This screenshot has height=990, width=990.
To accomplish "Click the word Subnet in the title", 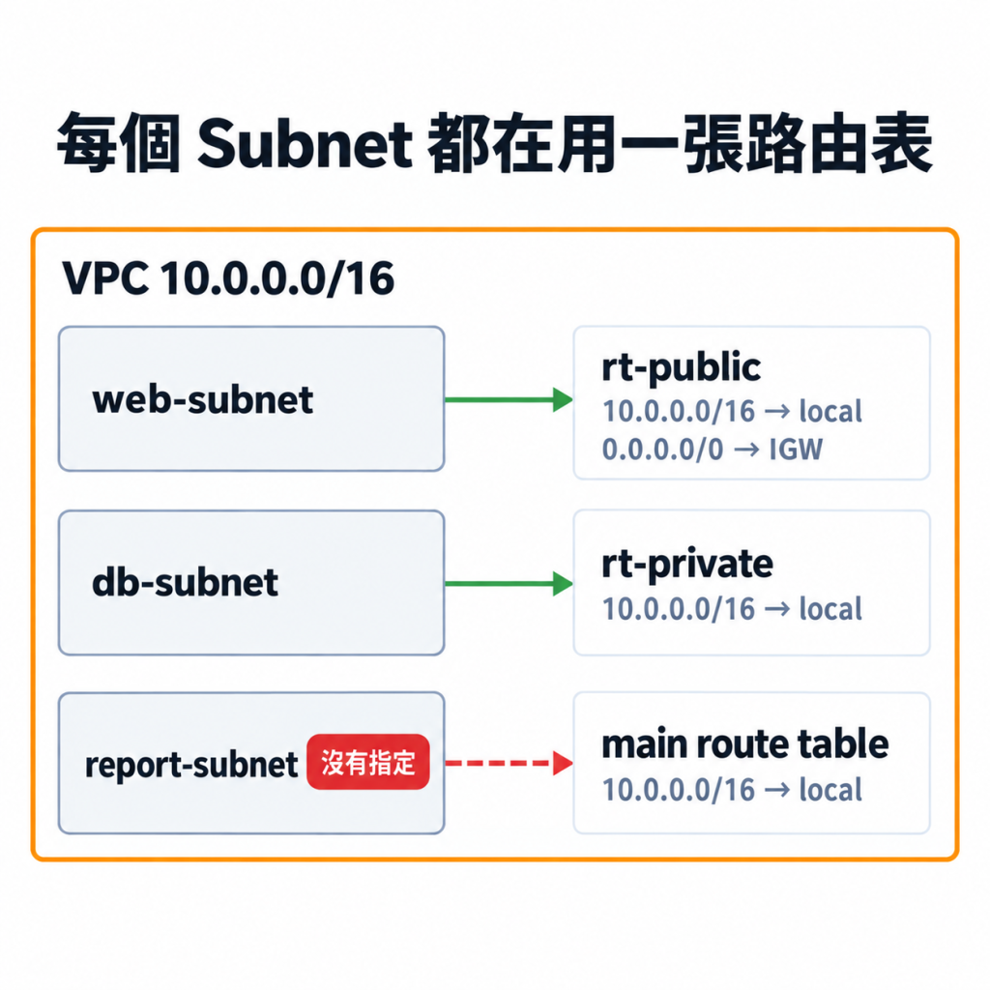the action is [x=305, y=143].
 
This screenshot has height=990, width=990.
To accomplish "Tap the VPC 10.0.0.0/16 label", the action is [x=228, y=277].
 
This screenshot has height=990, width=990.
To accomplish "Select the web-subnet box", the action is [x=251, y=399].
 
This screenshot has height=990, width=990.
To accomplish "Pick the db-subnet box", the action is [x=251, y=583].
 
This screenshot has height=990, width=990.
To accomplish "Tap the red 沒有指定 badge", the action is [x=368, y=762].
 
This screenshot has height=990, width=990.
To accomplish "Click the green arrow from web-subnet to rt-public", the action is [x=509, y=399].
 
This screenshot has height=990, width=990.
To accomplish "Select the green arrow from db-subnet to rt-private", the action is [x=509, y=583].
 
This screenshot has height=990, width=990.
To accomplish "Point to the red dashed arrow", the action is [x=509, y=763].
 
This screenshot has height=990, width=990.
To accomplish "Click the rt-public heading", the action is [x=682, y=367].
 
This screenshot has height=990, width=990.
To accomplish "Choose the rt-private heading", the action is [x=687, y=564].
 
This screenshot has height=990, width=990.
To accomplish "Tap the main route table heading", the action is [x=745, y=743].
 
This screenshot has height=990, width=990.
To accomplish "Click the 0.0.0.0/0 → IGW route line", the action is [x=713, y=450].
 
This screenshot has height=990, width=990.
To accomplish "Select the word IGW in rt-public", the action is [x=796, y=450].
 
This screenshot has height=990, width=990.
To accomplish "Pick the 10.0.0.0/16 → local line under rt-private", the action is [x=733, y=609].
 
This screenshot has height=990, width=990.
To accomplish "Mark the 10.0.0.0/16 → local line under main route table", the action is [x=733, y=790].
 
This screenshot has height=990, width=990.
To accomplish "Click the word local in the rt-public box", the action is [x=830, y=412].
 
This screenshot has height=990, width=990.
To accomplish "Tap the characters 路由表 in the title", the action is [x=839, y=143].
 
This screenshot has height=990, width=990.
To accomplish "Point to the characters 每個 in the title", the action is [x=119, y=143].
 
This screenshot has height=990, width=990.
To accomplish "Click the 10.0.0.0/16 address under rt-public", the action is [x=679, y=412].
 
